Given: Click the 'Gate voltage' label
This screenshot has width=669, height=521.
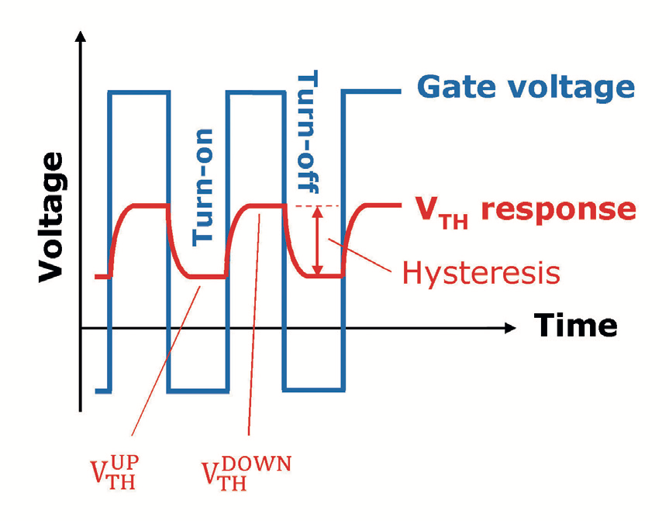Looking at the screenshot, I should click(x=526, y=87).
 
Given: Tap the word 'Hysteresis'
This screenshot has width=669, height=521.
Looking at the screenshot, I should click(x=482, y=272).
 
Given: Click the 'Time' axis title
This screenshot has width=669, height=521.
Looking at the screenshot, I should click(x=574, y=326).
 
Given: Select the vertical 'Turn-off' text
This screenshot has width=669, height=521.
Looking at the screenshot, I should click(x=309, y=133).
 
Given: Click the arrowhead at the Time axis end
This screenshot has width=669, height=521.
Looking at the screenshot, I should click(x=509, y=328).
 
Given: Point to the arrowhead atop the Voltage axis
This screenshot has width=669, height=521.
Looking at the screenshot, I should click(x=81, y=39).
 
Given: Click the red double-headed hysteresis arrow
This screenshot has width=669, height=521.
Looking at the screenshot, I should click(x=317, y=240).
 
